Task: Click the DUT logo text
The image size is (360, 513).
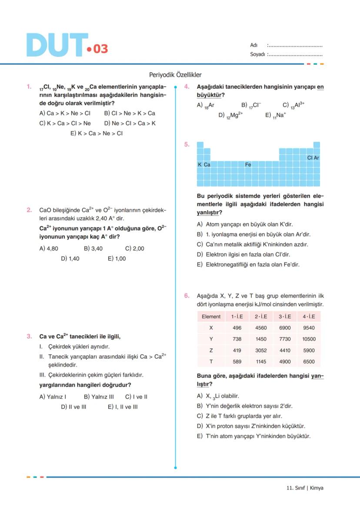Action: point(57,45)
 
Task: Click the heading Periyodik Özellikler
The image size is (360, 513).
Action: point(175,75)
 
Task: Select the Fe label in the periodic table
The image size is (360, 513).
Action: point(248,165)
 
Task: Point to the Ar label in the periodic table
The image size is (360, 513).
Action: point(317,158)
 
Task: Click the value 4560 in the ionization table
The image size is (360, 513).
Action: point(261,328)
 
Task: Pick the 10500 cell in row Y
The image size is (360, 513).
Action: point(309,339)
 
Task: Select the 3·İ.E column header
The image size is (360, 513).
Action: point(285,316)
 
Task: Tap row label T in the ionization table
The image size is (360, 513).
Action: point(211,362)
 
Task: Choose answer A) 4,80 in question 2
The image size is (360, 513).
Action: point(49,249)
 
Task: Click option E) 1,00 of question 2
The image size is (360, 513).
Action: point(117,258)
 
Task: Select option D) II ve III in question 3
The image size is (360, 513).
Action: point(73,407)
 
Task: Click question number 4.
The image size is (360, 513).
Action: point(187,87)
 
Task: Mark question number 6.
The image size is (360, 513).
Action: point(187,296)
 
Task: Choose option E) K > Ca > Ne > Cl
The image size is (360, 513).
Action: point(97,133)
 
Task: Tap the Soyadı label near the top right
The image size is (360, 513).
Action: point(257,55)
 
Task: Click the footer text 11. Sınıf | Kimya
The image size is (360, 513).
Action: point(305,488)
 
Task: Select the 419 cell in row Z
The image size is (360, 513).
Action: point(237,350)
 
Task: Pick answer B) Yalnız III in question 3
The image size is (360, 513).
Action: point(99,397)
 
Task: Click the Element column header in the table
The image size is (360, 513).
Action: point(211,316)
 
